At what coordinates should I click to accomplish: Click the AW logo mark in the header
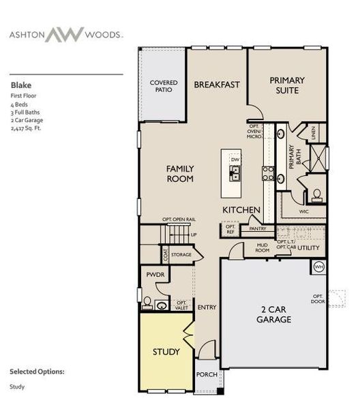pos(64,34)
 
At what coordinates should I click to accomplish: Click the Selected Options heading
pos(37,372)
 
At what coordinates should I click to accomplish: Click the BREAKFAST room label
pos(217,85)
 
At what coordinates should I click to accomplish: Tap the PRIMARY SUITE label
pos(286,85)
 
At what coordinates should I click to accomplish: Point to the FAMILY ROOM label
pos(180,174)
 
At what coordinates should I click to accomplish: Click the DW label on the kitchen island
pos(235,155)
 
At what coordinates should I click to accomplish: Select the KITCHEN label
pos(241,210)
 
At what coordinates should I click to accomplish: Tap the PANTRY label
pos(257,229)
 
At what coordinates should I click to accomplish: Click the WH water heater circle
pos(318,267)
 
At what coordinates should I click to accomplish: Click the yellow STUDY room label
pos(166,352)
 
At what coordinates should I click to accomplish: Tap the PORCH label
pos(206,374)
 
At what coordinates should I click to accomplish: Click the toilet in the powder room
pos(147,301)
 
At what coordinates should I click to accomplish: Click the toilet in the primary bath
pos(316,195)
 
